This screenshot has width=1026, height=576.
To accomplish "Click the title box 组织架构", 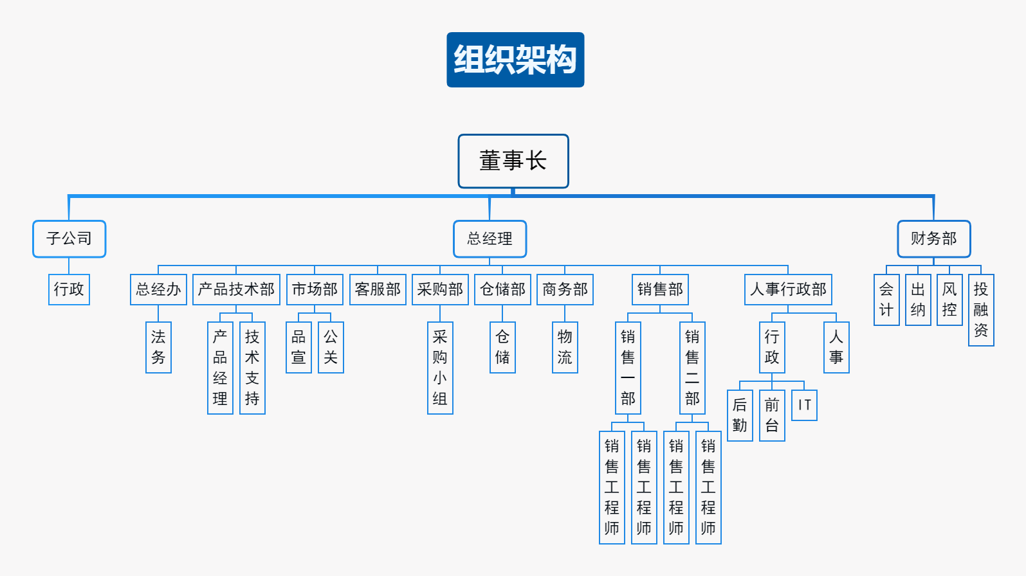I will (515, 60).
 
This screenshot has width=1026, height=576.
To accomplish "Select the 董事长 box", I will (513, 161).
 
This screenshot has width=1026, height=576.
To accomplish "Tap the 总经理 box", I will (490, 239).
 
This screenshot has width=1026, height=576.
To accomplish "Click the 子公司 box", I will (69, 239).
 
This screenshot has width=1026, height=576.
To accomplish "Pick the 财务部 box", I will (933, 239).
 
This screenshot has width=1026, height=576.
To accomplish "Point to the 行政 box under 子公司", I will (69, 289).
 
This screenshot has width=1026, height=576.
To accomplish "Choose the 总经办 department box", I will (158, 289).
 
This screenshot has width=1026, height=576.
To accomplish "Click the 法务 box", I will (158, 347).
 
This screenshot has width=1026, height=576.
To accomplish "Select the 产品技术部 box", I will (236, 289).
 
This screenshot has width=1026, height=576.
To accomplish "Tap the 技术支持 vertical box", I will (252, 368).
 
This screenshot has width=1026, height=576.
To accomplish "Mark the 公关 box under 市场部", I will (331, 347).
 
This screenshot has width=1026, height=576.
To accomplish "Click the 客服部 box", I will (378, 289).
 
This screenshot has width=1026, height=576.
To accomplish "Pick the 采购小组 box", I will (440, 368).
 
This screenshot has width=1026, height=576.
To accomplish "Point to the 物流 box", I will (565, 347).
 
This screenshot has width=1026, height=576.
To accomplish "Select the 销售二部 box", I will (692, 368).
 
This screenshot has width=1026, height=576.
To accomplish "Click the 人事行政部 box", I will (788, 289).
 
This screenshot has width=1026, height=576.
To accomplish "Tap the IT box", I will (804, 405).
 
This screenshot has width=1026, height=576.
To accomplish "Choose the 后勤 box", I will (740, 415).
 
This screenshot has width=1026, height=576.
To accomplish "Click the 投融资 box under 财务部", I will (981, 310).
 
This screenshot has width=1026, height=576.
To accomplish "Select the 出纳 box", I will (918, 300).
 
